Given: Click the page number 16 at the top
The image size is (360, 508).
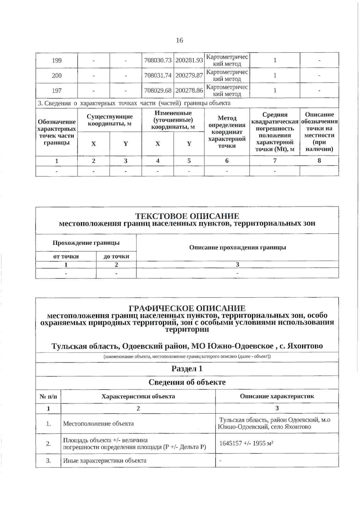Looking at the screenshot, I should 179,41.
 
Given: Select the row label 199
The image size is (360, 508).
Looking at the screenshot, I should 57,61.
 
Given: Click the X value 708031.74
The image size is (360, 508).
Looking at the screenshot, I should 158,76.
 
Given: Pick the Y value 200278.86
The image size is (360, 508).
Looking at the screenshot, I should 189,90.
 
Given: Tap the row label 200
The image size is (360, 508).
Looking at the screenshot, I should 57,76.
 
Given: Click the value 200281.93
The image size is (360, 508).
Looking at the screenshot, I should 189,61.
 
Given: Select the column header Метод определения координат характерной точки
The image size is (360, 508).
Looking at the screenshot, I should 227,132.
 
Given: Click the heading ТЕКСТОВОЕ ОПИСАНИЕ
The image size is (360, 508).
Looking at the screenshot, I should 187,216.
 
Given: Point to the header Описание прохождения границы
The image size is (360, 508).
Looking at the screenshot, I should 237,247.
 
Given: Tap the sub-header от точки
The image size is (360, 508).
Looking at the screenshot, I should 66,256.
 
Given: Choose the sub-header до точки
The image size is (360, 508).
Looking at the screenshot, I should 116,256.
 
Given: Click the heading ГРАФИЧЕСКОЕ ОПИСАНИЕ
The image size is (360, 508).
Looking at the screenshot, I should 187,308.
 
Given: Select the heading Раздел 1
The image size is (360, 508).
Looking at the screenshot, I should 187,369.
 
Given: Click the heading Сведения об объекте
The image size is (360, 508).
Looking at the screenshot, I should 187,382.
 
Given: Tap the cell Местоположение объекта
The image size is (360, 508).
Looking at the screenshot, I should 98,424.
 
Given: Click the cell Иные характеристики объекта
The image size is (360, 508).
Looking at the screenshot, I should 105,461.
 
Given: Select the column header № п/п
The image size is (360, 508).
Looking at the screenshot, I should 48,396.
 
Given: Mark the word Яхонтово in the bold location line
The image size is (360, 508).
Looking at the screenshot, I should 305,346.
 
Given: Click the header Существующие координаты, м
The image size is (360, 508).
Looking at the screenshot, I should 109,120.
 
